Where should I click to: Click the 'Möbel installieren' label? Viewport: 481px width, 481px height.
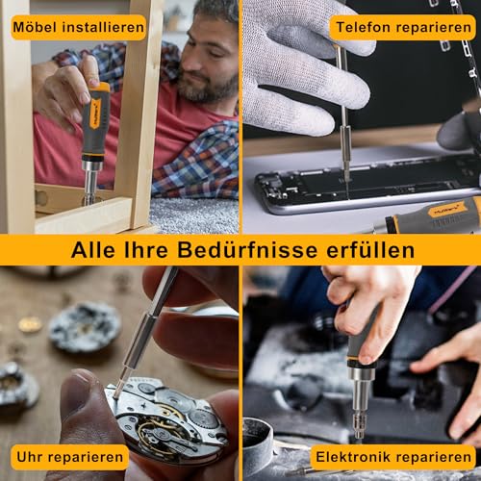pos(79,27)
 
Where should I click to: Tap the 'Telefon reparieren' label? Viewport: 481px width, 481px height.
pos(402,27)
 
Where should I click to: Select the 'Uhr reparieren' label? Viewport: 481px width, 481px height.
pos(70,456)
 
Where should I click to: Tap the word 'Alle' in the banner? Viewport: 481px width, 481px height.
pos(95,250)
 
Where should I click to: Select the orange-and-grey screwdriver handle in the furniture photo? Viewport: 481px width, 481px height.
pos(96,120)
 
